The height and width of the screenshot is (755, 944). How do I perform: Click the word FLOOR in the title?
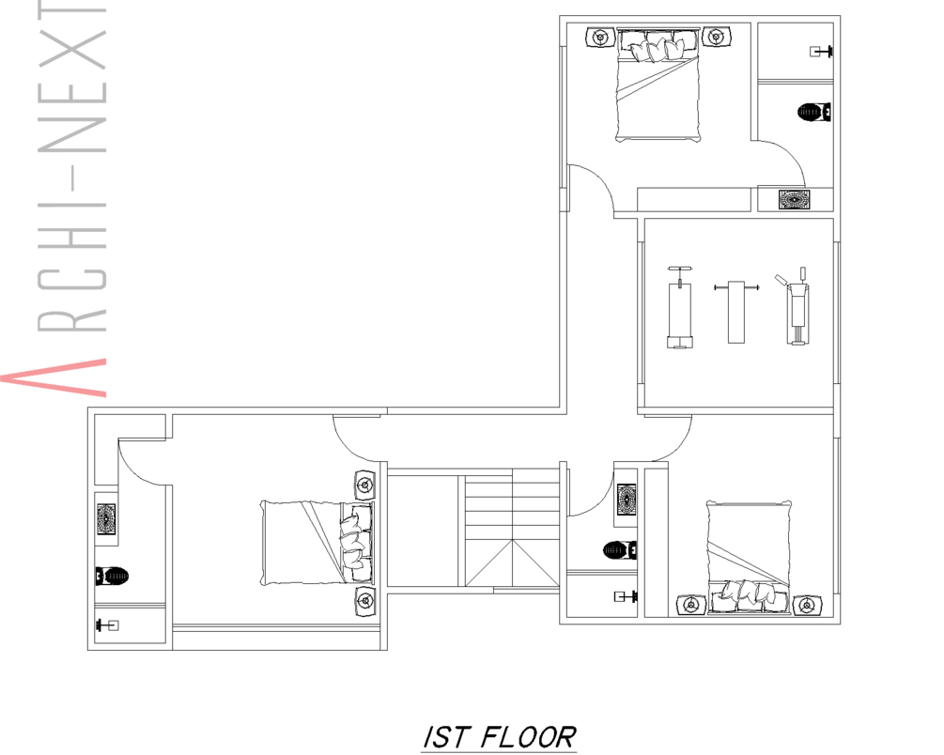point(529,737)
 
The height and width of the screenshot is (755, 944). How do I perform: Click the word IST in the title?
point(446,737)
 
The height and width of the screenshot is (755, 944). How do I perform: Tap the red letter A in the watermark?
point(54,377)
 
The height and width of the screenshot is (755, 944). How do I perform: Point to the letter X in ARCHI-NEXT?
point(71,39)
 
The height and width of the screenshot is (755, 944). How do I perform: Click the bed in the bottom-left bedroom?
point(317,542)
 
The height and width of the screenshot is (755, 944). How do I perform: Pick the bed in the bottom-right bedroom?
point(749,557)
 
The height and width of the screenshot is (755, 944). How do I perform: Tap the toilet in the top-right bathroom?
point(814,112)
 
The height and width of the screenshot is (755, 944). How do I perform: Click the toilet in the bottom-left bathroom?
point(112,577)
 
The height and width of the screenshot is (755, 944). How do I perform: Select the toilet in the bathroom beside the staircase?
point(620,549)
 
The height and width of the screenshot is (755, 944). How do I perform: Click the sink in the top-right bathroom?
point(794,199)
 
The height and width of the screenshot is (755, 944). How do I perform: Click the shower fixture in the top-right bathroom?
point(821,52)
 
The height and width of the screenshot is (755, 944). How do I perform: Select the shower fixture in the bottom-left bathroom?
point(107,625)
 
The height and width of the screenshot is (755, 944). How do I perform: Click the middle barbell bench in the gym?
point(735,311)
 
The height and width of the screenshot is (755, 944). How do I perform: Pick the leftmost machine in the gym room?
point(680,307)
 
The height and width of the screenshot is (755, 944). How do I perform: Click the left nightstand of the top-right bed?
point(600,38)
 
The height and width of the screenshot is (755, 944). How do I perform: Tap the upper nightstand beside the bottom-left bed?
point(364,485)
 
